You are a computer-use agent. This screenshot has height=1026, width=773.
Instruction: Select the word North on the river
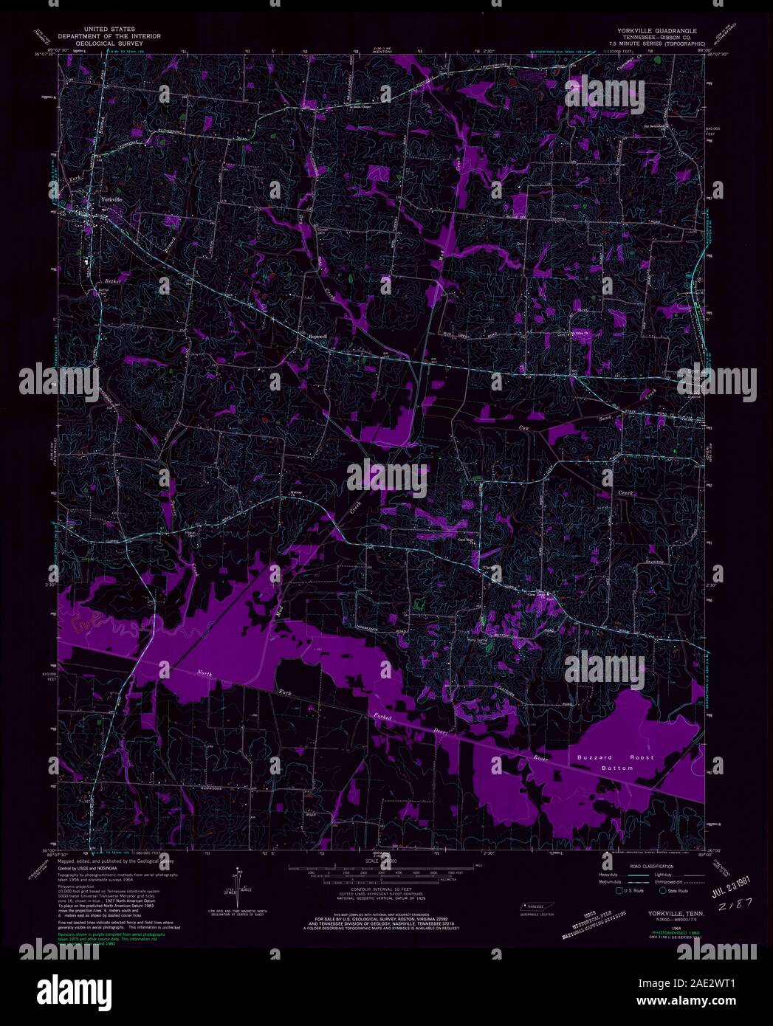(205, 672)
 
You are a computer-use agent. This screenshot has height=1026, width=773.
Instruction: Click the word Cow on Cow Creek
(524, 427)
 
